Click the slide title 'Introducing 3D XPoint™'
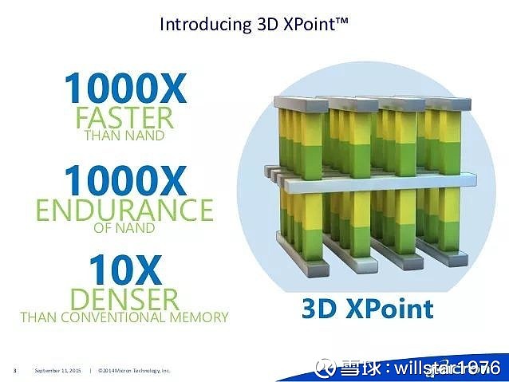tap(254, 23)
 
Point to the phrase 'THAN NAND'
tap(124, 136)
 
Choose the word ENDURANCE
tap(124, 209)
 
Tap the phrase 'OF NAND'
tap(124, 227)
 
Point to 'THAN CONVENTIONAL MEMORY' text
tap(124, 317)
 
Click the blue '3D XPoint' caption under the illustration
tap(368, 309)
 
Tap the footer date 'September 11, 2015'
tap(57, 371)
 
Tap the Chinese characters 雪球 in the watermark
tap(357, 368)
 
